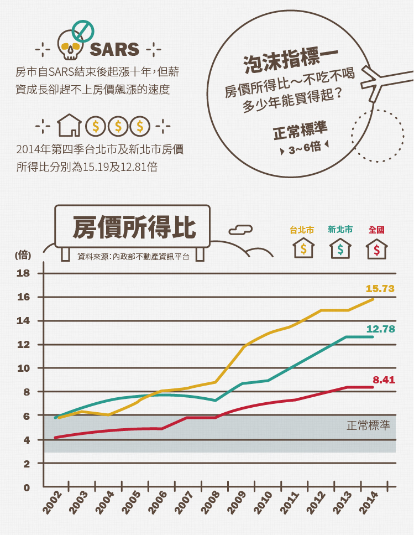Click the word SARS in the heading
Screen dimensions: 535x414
pyautogui.click(x=114, y=49)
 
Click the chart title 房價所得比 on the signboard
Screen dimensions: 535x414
pyautogui.click(x=133, y=226)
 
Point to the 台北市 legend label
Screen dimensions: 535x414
pyautogui.click(x=302, y=230)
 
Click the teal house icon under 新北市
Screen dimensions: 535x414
pyautogui.click(x=340, y=249)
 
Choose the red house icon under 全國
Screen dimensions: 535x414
pyautogui.click(x=376, y=249)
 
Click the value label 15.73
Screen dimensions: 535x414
pyautogui.click(x=380, y=288)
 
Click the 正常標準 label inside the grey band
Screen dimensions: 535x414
pyautogui.click(x=368, y=425)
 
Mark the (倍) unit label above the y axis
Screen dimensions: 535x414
pyautogui.click(x=23, y=255)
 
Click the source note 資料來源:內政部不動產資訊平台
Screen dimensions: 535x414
pyautogui.click(x=133, y=257)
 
